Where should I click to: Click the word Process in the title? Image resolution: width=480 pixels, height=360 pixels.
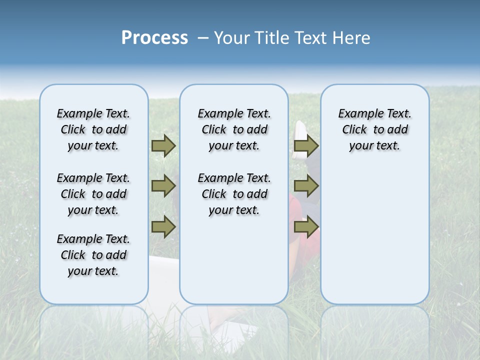154,37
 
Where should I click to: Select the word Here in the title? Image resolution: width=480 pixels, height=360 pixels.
350,37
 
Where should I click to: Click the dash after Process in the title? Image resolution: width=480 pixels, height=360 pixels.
203,38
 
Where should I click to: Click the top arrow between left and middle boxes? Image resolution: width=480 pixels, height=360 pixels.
163,145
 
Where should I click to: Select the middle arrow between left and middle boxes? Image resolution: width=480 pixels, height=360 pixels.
163,186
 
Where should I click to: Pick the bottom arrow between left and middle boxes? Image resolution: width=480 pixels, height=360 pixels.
163,227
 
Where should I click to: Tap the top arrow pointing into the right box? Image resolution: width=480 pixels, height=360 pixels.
305,145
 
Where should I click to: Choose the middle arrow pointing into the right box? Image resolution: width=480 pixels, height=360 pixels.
305,186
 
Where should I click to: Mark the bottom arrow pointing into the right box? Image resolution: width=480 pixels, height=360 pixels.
305,227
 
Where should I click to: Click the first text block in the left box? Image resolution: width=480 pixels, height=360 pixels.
93,129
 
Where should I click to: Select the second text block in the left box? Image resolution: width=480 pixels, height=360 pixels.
93,194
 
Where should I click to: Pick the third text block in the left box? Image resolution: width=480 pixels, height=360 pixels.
93,255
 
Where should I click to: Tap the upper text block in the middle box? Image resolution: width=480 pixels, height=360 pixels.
234,129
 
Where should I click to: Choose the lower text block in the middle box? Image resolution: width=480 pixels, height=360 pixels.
234,194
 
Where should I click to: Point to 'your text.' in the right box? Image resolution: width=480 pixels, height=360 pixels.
374,145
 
